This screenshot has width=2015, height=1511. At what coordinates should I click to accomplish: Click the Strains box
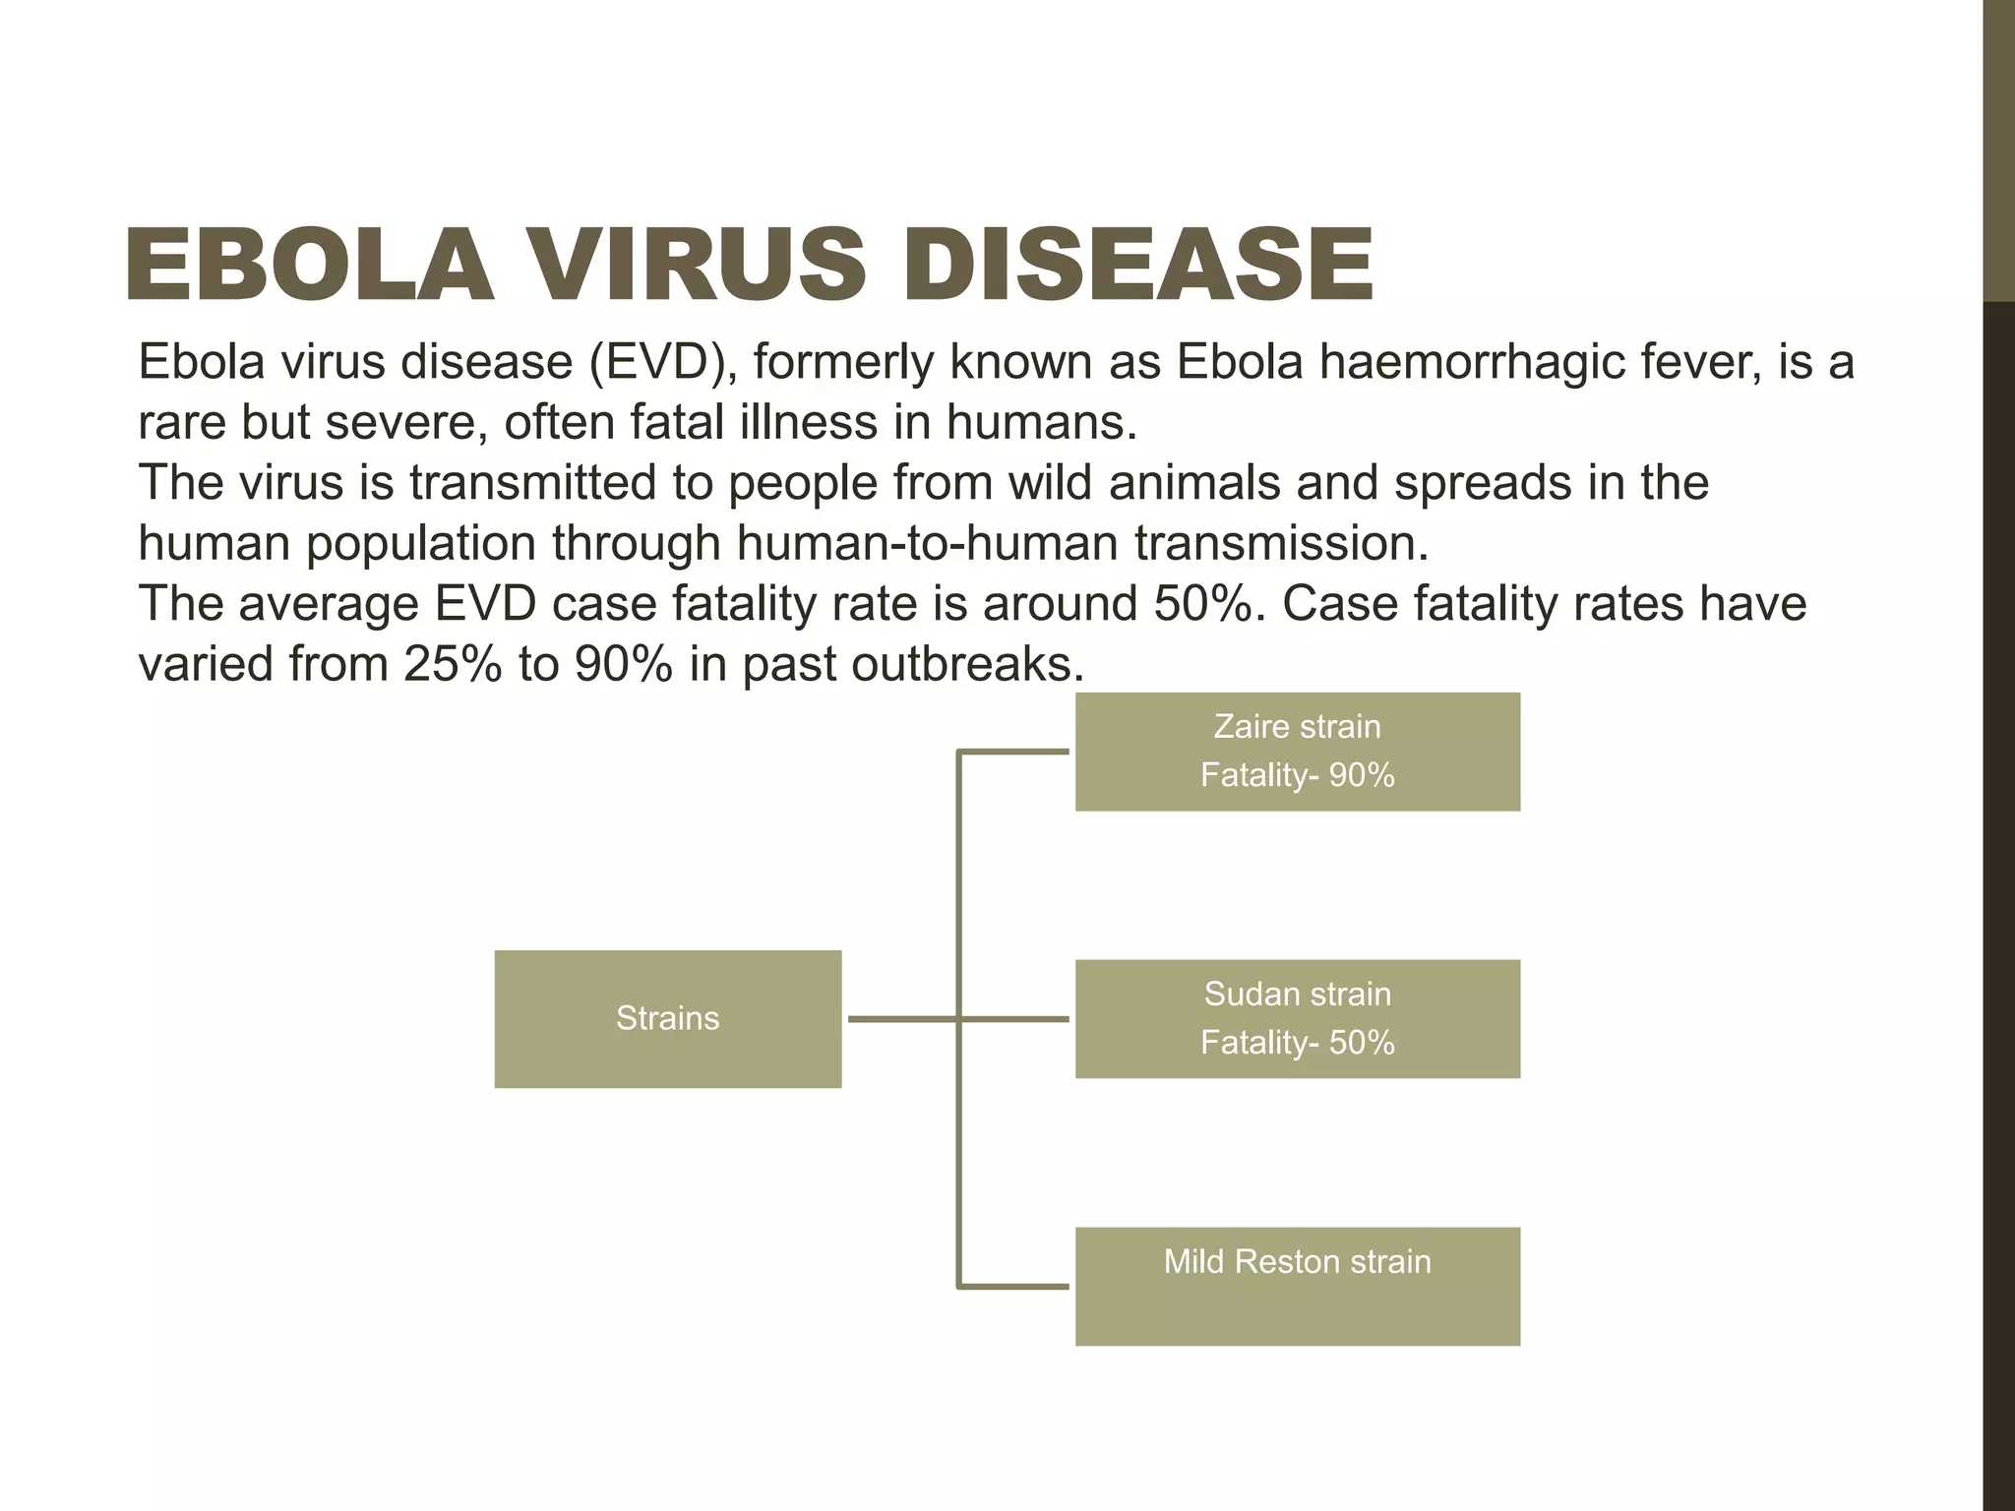[667, 1018]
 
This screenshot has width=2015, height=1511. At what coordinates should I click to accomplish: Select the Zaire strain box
[1297, 752]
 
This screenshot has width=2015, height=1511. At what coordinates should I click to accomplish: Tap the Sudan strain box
[1297, 1018]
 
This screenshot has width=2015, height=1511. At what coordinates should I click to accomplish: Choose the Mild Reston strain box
[1297, 1286]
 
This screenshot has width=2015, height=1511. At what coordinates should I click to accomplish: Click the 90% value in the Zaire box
[1362, 775]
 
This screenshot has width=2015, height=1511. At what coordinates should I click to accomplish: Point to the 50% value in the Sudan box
[1362, 1043]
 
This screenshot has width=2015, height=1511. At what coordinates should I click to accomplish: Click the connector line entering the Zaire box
[1013, 752]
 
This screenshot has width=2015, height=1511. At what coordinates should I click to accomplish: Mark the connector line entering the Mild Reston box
[1013, 1286]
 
